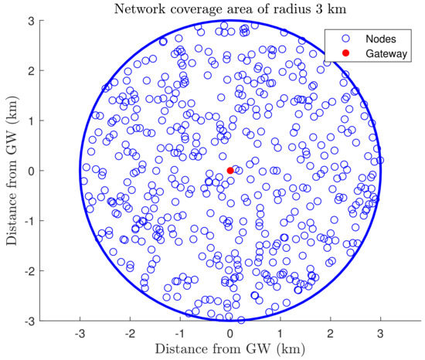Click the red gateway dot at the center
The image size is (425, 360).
[x=230, y=170]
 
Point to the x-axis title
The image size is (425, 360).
[x=230, y=350]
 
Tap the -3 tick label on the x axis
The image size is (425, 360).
[x=78, y=332]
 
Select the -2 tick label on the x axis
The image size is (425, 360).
[x=128, y=332]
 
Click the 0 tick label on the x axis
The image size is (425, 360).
[x=230, y=332]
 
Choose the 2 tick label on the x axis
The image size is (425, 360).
[x=330, y=332]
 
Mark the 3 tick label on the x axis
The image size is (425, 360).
[x=380, y=332]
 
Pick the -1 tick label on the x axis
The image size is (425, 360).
[x=178, y=332]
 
